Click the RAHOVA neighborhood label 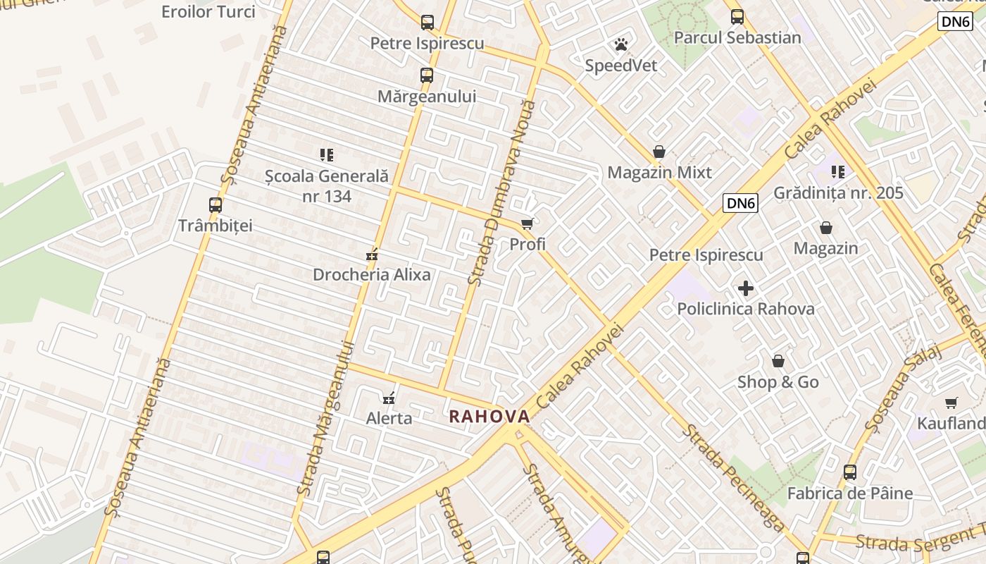click(489, 417)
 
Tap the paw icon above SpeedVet click(620, 45)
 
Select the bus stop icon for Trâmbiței click(216, 205)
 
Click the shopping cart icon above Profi click(527, 224)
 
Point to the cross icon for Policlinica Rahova click(746, 288)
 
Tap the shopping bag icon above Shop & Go click(778, 362)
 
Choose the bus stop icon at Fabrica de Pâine click(850, 472)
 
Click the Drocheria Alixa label click(371, 275)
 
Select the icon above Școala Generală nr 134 click(327, 155)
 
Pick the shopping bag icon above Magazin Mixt click(659, 152)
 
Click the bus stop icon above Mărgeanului click(427, 75)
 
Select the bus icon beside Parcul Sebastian click(737, 17)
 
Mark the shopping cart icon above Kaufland click(951, 403)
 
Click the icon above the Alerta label click(388, 398)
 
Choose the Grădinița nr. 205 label click(838, 193)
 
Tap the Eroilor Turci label click(208, 12)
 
